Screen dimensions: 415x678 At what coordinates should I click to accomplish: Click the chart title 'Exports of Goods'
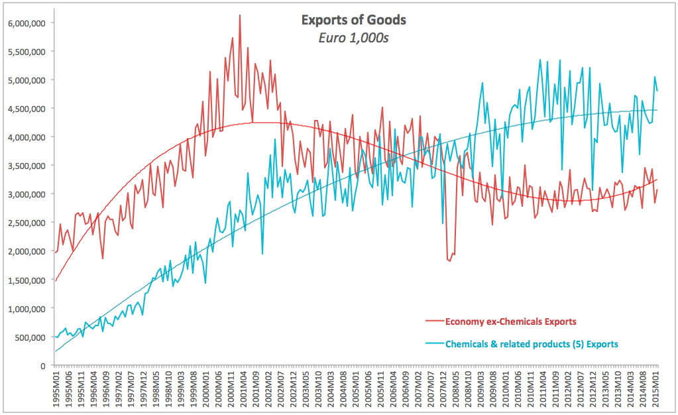(354, 20)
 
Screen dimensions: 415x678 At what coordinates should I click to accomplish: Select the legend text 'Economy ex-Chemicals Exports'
(510, 322)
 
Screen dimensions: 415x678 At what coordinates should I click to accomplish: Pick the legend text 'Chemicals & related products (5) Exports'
(532, 344)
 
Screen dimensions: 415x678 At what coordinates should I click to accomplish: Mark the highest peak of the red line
(240, 15)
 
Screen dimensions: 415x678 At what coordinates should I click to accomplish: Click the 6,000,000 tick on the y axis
(25, 23)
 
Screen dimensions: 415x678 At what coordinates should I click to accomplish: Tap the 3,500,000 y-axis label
(25, 166)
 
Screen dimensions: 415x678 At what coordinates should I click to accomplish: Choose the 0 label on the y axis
(43, 366)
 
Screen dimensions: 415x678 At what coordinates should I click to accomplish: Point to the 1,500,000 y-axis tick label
(25, 280)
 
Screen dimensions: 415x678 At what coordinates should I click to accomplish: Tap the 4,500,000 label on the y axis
(25, 109)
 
